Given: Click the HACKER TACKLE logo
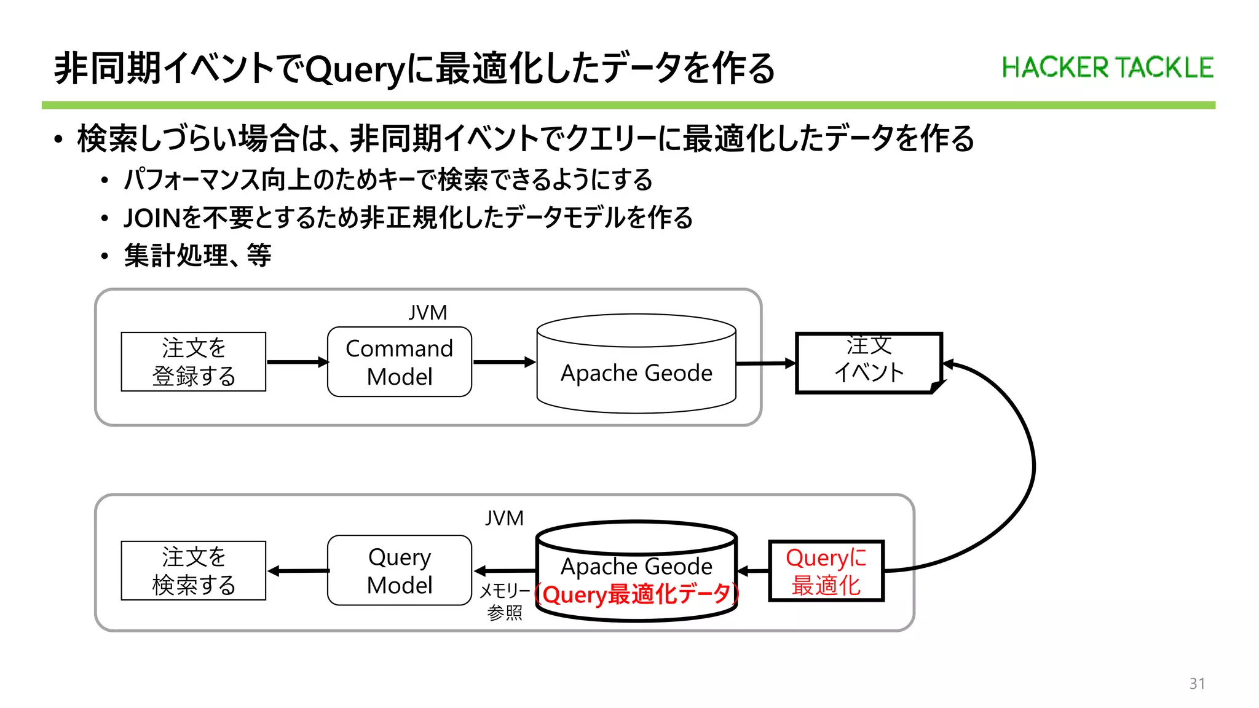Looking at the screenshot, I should pos(1107,68).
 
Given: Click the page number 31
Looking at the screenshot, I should pos(1196,683).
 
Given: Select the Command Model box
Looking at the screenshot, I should pos(400,362).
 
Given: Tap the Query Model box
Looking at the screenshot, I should pos(400,570).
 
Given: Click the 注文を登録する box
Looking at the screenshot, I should pos(194,362).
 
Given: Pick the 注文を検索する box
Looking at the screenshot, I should pos(194,570).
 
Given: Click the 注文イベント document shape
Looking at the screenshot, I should pos(868,362).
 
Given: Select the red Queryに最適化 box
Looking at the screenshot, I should pos(826,571).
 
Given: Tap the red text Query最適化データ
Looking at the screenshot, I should pos(637,594).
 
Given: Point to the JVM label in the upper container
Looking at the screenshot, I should pos(428,313).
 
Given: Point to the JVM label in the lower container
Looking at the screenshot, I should pos(504,518).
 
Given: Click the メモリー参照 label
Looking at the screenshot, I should pos(504,602).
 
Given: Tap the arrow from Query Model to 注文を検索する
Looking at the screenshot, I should pos(298,571).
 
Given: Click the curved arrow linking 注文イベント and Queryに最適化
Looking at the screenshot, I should pos(1033,467).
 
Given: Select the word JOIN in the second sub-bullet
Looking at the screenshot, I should pos(152,218).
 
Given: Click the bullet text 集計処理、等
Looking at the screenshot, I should pos(197,256).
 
